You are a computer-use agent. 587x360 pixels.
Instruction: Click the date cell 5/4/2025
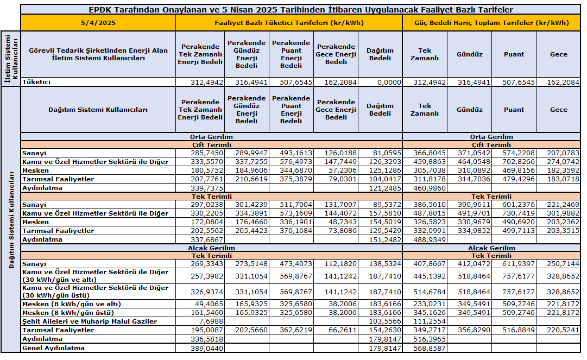pos(98,23)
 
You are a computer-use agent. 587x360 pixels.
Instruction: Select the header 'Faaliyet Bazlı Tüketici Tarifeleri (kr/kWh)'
pos(289,23)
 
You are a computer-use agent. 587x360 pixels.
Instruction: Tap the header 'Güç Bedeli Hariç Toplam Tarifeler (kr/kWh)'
pos(491,23)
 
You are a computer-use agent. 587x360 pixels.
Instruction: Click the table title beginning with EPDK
pos(300,10)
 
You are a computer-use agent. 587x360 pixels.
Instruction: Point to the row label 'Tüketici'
pos(36,82)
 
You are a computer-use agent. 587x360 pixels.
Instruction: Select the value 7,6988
pos(212,321)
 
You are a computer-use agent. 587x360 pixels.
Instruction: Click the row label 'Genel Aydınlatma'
pos(53,348)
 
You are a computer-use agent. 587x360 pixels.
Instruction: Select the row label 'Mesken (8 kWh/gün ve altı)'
pos(71,304)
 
